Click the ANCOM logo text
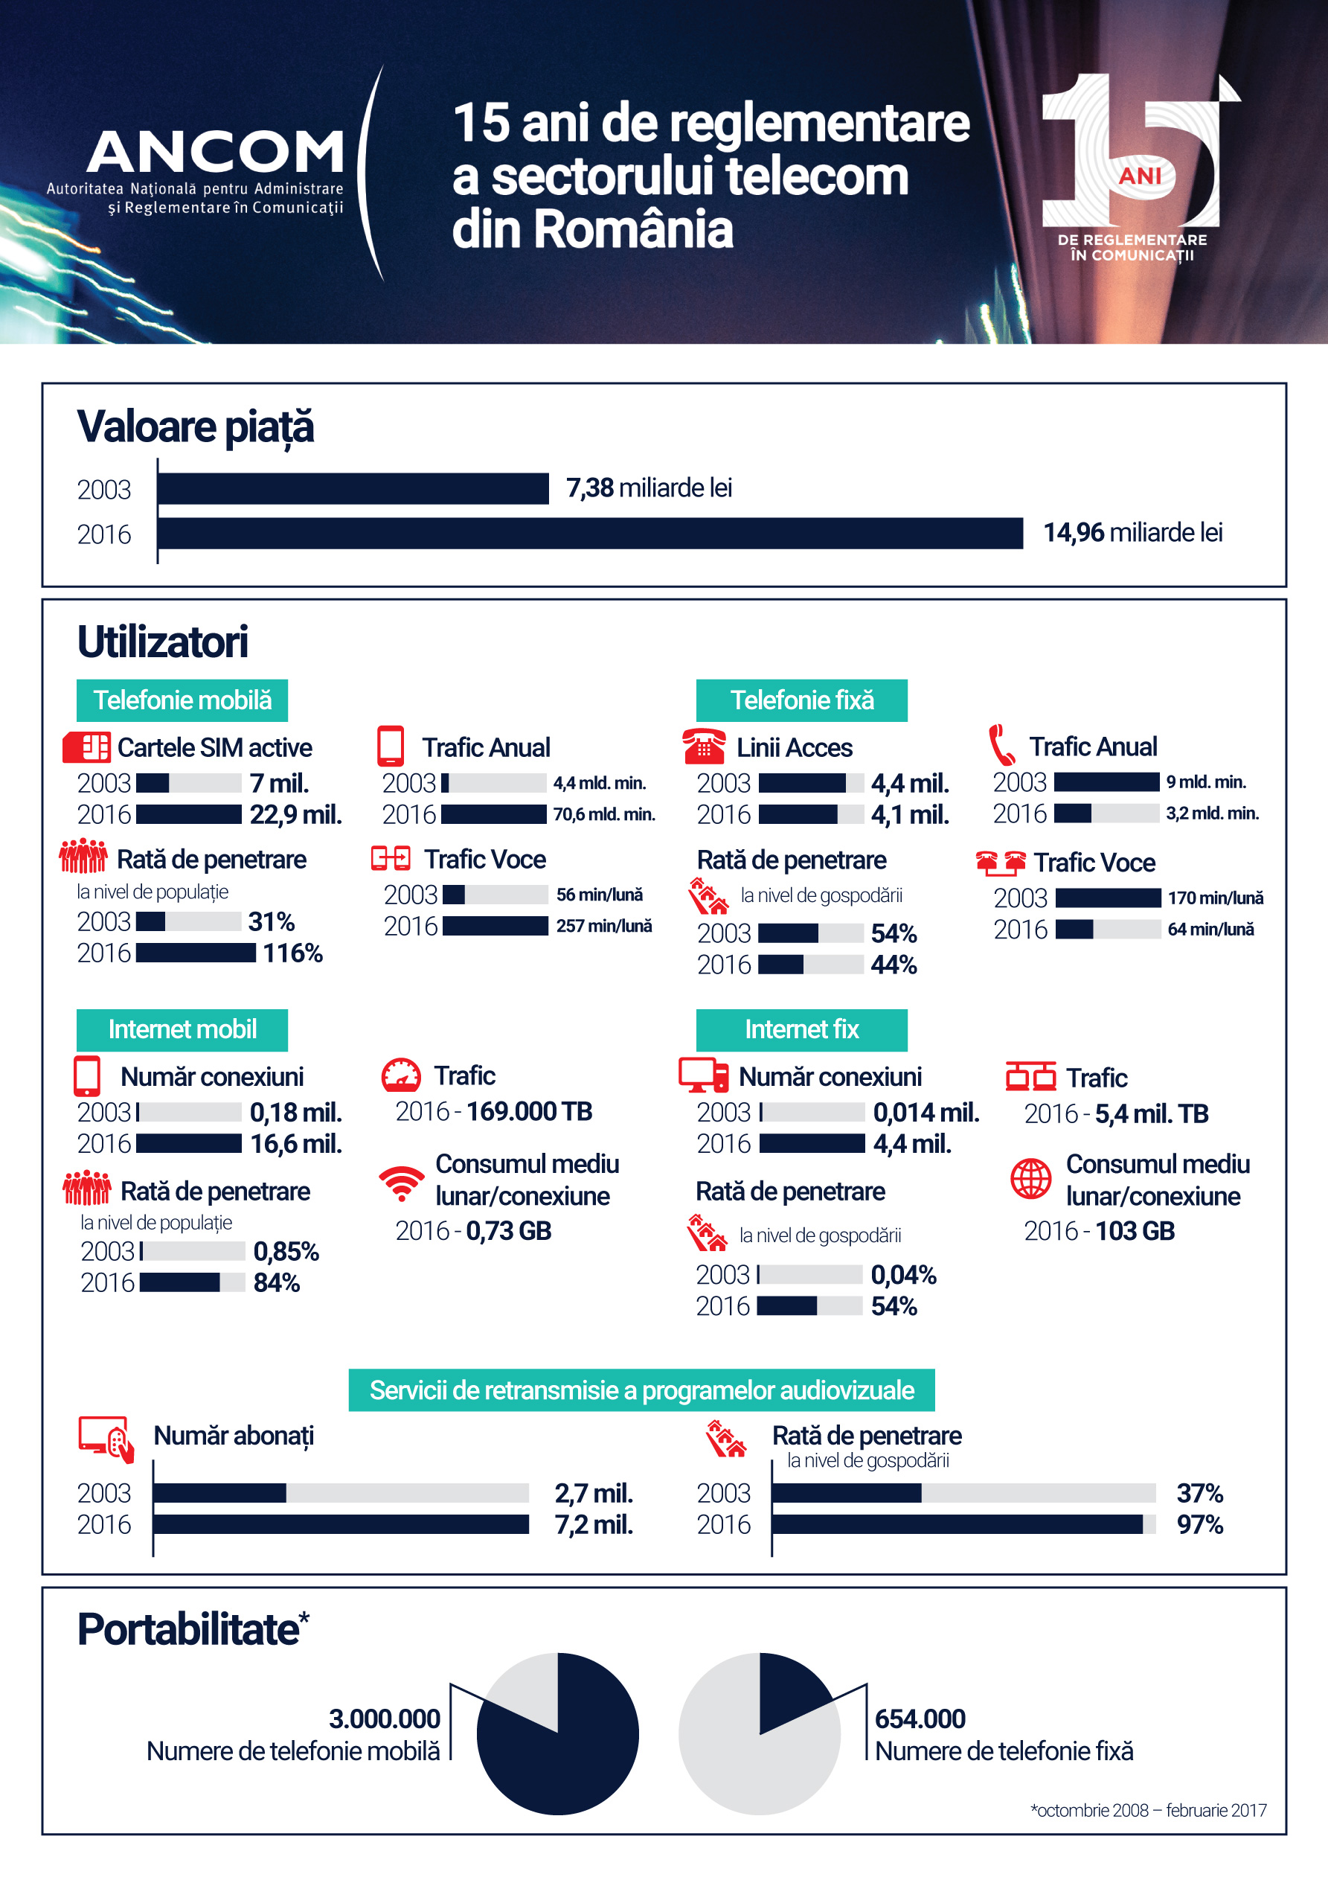click(215, 153)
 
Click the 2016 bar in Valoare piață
click(589, 533)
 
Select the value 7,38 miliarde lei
click(649, 488)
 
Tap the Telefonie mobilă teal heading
click(182, 700)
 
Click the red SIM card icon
click(86, 746)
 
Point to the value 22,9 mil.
click(295, 815)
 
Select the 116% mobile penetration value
click(292, 953)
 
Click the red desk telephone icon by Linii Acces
click(703, 745)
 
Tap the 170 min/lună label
click(1215, 898)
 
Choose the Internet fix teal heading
click(801, 1029)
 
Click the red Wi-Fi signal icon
click(401, 1183)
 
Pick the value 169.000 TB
click(529, 1111)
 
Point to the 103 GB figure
click(1135, 1231)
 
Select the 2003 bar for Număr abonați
click(219, 1493)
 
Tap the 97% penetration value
click(1199, 1525)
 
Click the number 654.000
click(920, 1718)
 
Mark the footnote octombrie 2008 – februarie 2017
click(1148, 1810)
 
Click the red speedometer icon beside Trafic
click(401, 1076)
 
